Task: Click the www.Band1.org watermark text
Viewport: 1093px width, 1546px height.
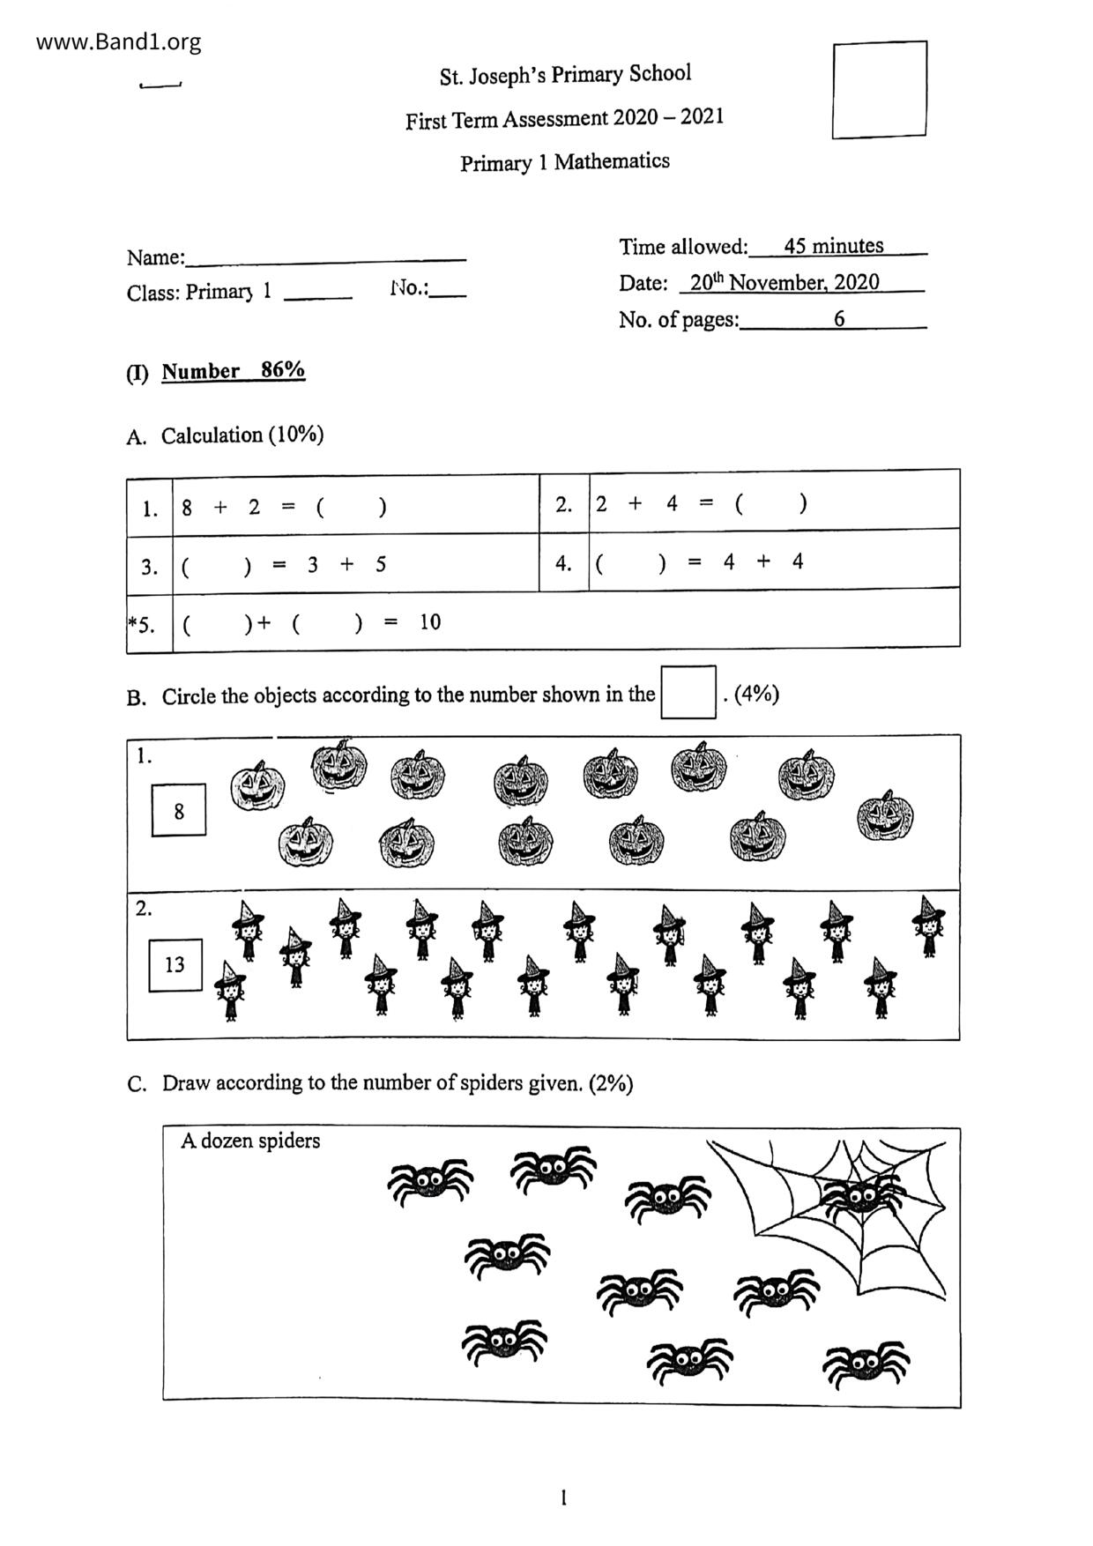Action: coord(118,41)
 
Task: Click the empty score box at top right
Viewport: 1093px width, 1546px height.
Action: coord(879,90)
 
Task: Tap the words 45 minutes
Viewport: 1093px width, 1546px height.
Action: coord(833,246)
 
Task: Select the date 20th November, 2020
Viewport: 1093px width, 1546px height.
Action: coord(784,282)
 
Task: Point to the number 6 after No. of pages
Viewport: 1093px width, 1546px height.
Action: coord(839,319)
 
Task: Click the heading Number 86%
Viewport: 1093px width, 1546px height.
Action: coord(233,370)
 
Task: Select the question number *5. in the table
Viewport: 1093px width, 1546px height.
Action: coord(143,625)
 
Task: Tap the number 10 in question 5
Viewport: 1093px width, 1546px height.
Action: coord(430,622)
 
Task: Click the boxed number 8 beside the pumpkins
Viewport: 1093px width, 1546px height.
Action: coord(179,810)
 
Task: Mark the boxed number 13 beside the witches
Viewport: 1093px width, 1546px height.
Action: coord(175,964)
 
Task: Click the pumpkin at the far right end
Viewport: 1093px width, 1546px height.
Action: coord(885,816)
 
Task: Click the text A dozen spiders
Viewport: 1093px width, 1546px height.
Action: coord(250,1141)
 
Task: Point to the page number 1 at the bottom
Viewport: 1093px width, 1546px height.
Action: coord(563,1497)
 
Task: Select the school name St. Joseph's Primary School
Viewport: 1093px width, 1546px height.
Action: coord(565,75)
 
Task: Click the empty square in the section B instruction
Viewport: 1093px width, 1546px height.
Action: coord(688,693)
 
